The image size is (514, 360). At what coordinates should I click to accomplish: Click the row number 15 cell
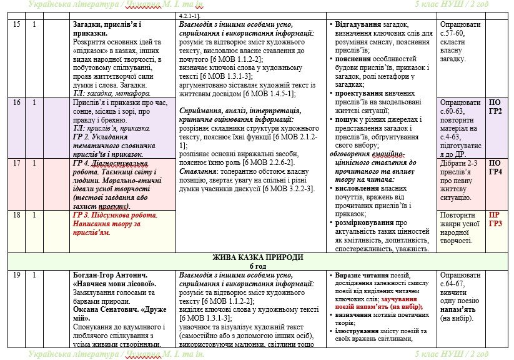point(16,25)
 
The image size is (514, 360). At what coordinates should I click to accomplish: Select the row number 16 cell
point(16,102)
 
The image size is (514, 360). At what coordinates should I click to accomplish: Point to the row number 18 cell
point(16,215)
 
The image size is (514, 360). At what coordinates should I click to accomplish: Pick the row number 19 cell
point(16,274)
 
